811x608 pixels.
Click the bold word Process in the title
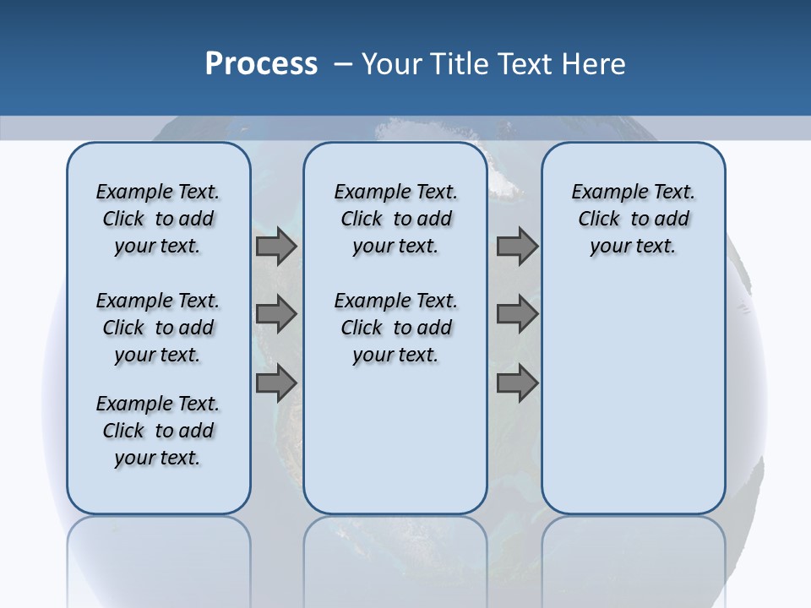[261, 64]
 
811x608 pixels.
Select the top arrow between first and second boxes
[275, 247]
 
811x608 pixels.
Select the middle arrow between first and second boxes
[275, 314]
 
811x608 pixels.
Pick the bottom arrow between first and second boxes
[275, 383]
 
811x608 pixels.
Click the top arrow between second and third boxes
[517, 247]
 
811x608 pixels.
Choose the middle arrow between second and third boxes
[517, 314]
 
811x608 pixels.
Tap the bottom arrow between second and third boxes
[517, 383]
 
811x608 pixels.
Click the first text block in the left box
[158, 219]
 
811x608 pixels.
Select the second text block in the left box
[158, 328]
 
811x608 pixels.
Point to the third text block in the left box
[158, 431]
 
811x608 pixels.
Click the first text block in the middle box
[395, 219]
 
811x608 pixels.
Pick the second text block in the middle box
[395, 328]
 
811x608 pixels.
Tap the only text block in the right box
[633, 219]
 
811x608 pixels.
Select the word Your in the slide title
[391, 64]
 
